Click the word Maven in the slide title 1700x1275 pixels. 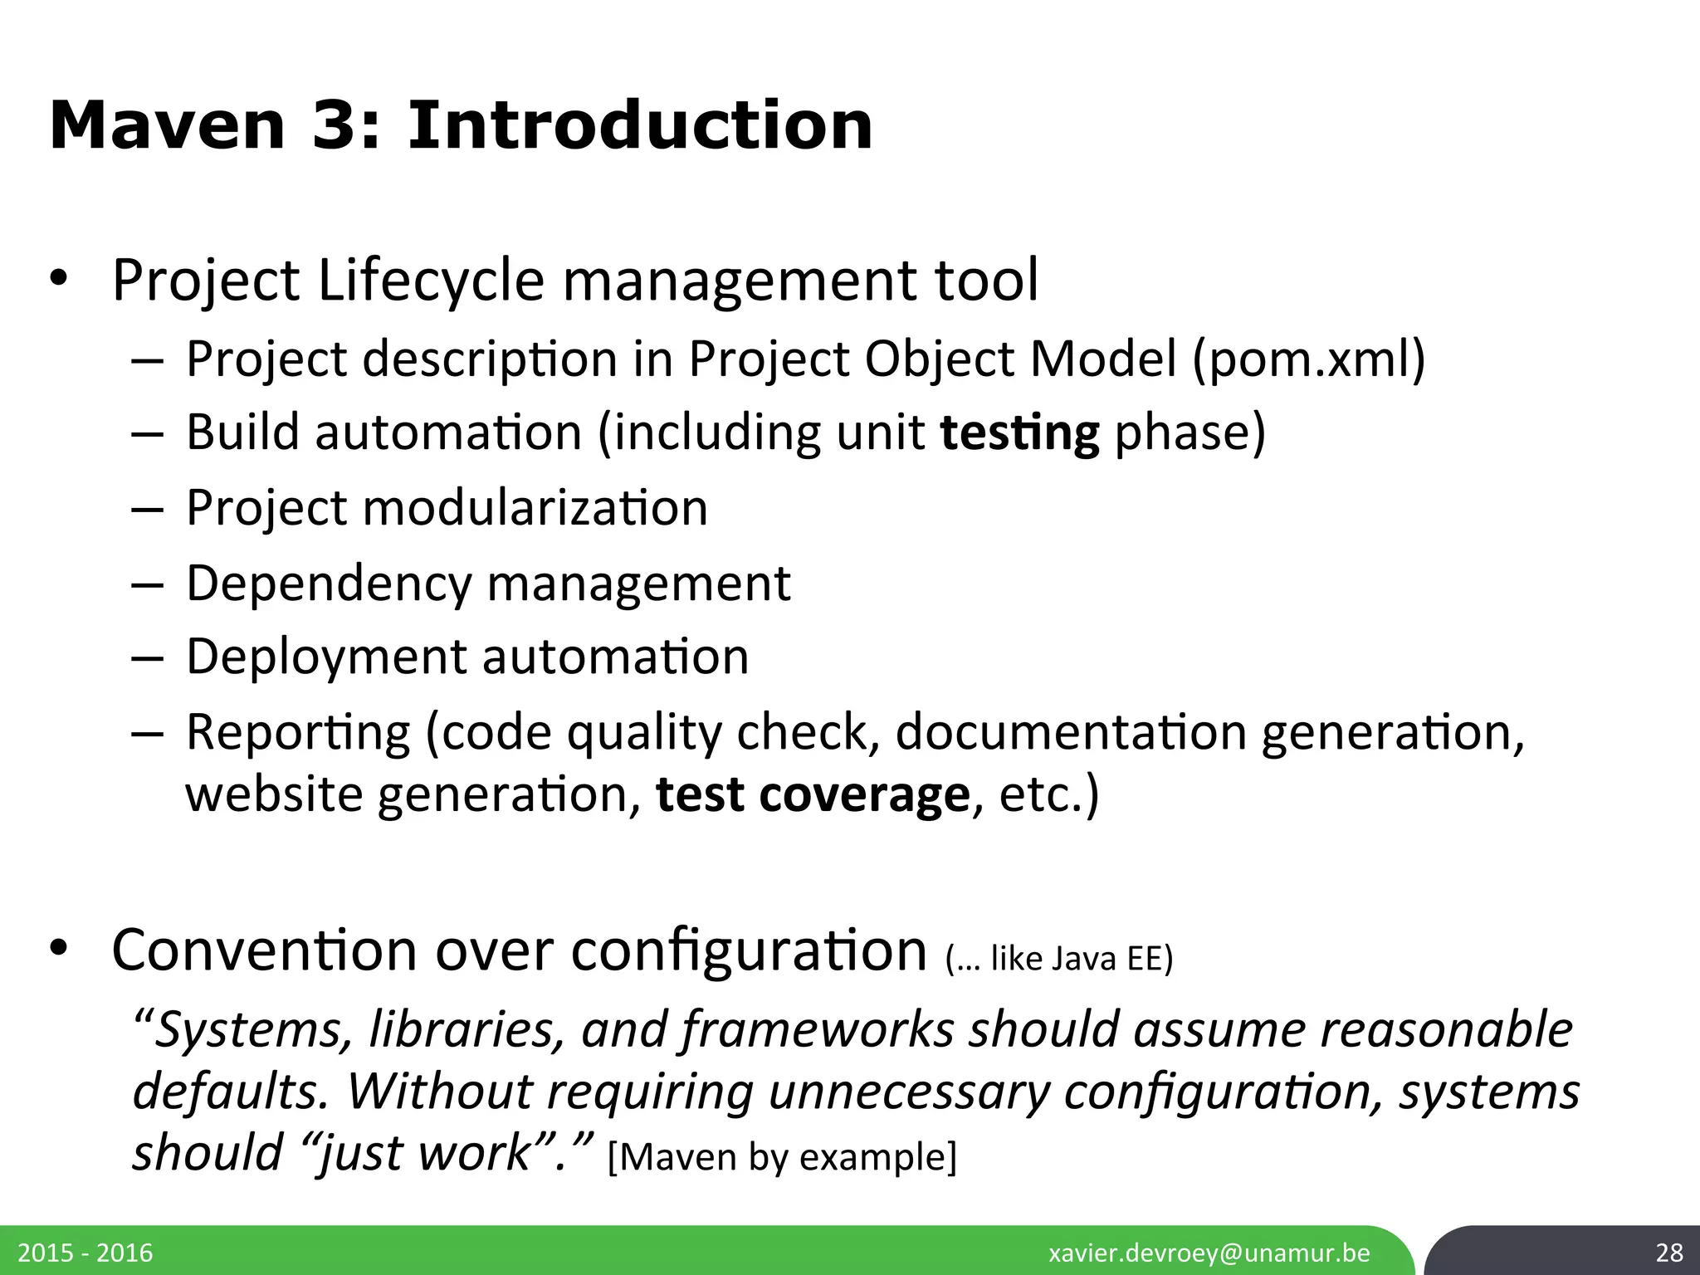(167, 126)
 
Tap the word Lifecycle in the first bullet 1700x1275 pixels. (431, 281)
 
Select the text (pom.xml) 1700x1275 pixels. (1308, 359)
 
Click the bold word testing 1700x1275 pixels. (1019, 433)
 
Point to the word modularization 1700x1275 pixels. (535, 507)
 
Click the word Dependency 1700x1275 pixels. (329, 584)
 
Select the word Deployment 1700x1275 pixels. (326, 657)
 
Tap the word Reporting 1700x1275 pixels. (298, 733)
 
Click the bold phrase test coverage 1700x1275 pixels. (813, 794)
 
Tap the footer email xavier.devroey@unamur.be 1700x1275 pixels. (1209, 1253)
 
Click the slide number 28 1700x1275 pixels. (1668, 1253)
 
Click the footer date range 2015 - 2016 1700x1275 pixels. (85, 1253)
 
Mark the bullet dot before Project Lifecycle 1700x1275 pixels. (57, 282)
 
